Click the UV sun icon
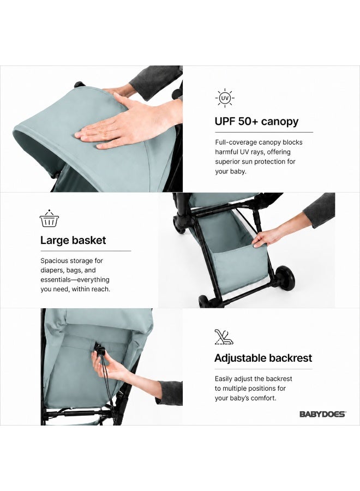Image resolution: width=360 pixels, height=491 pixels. coord(225,98)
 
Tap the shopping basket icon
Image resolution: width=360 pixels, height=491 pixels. coord(49,219)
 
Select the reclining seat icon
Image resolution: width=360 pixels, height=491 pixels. coord(224,337)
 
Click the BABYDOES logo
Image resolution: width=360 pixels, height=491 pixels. coord(322,414)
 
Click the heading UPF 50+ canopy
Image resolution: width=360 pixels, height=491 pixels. coord(257,121)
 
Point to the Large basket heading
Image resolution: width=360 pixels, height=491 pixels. coord(73,240)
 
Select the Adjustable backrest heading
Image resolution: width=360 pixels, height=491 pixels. coord(263,358)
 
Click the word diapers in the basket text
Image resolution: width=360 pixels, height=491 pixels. coord(52,270)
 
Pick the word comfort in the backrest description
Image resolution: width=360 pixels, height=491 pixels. coord(265,398)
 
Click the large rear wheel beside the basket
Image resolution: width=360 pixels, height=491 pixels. coord(285,278)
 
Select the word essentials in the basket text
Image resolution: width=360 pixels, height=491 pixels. coord(56,280)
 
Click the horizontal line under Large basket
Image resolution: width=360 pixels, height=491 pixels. coord(86,251)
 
